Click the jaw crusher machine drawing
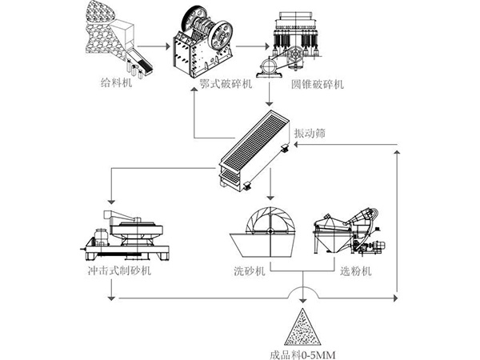[x=203, y=40]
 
